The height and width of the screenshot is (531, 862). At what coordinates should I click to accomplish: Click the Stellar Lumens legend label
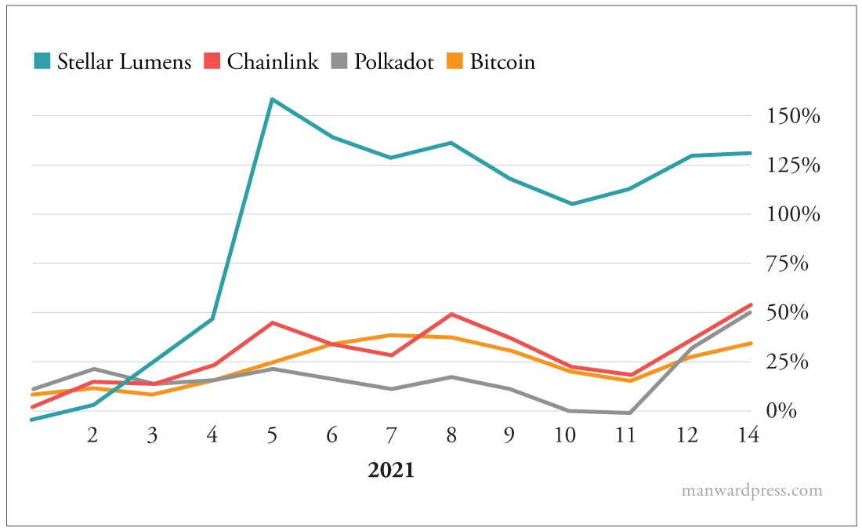[124, 62]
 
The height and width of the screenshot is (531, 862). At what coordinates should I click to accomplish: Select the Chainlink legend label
[273, 62]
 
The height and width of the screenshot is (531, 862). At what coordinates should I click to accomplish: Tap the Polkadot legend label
[393, 62]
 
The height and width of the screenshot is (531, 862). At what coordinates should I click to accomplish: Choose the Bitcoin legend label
[502, 62]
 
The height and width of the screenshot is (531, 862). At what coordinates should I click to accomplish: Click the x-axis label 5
[272, 435]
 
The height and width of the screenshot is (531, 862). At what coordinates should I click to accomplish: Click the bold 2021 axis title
[391, 471]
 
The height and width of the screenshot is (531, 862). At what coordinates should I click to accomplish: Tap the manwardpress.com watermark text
[752, 491]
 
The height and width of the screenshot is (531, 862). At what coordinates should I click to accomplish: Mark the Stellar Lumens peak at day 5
[272, 100]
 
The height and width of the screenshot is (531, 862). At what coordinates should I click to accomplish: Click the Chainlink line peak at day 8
[451, 315]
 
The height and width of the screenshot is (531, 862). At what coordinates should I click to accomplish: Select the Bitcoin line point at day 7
[391, 335]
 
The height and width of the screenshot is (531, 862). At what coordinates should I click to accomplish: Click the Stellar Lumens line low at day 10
[572, 204]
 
